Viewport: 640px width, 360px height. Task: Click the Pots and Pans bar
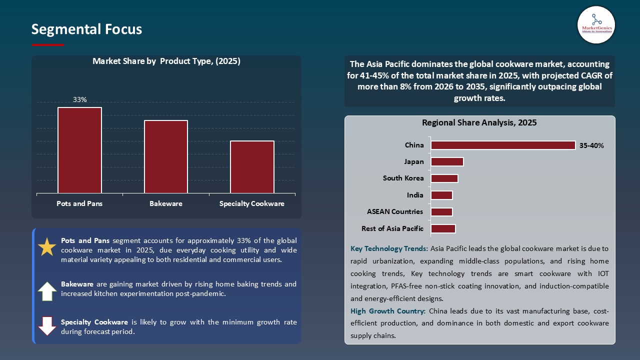(79, 150)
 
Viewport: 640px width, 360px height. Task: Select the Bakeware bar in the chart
(166, 156)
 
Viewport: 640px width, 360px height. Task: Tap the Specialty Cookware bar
(252, 167)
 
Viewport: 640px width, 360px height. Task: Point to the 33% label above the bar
(80, 99)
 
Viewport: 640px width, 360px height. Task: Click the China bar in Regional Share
(503, 145)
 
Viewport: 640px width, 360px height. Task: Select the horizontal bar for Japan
(447, 161)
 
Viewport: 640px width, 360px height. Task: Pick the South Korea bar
(444, 178)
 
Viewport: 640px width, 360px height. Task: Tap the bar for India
(441, 195)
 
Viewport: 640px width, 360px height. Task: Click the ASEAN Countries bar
(441, 212)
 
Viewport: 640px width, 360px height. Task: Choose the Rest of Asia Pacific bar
(443, 228)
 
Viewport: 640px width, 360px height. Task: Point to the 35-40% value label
(592, 145)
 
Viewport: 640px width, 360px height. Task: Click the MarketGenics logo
(596, 24)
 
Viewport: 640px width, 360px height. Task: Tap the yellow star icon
(47, 247)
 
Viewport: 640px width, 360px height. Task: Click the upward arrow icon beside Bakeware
(47, 291)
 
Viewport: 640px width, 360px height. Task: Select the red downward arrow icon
(47, 325)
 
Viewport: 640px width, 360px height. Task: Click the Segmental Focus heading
(86, 29)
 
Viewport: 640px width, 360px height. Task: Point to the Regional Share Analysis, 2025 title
(479, 122)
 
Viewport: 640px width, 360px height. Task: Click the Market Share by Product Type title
(166, 61)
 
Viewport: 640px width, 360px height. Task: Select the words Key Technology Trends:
(389, 248)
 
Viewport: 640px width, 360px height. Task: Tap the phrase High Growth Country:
(388, 311)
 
